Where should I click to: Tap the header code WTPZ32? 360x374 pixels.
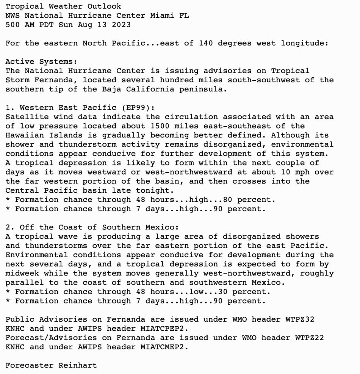click(299, 319)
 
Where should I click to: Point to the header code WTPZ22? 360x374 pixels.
click(309, 338)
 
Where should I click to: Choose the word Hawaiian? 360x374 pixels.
click(25, 135)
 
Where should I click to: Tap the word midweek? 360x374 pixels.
click(22, 273)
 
